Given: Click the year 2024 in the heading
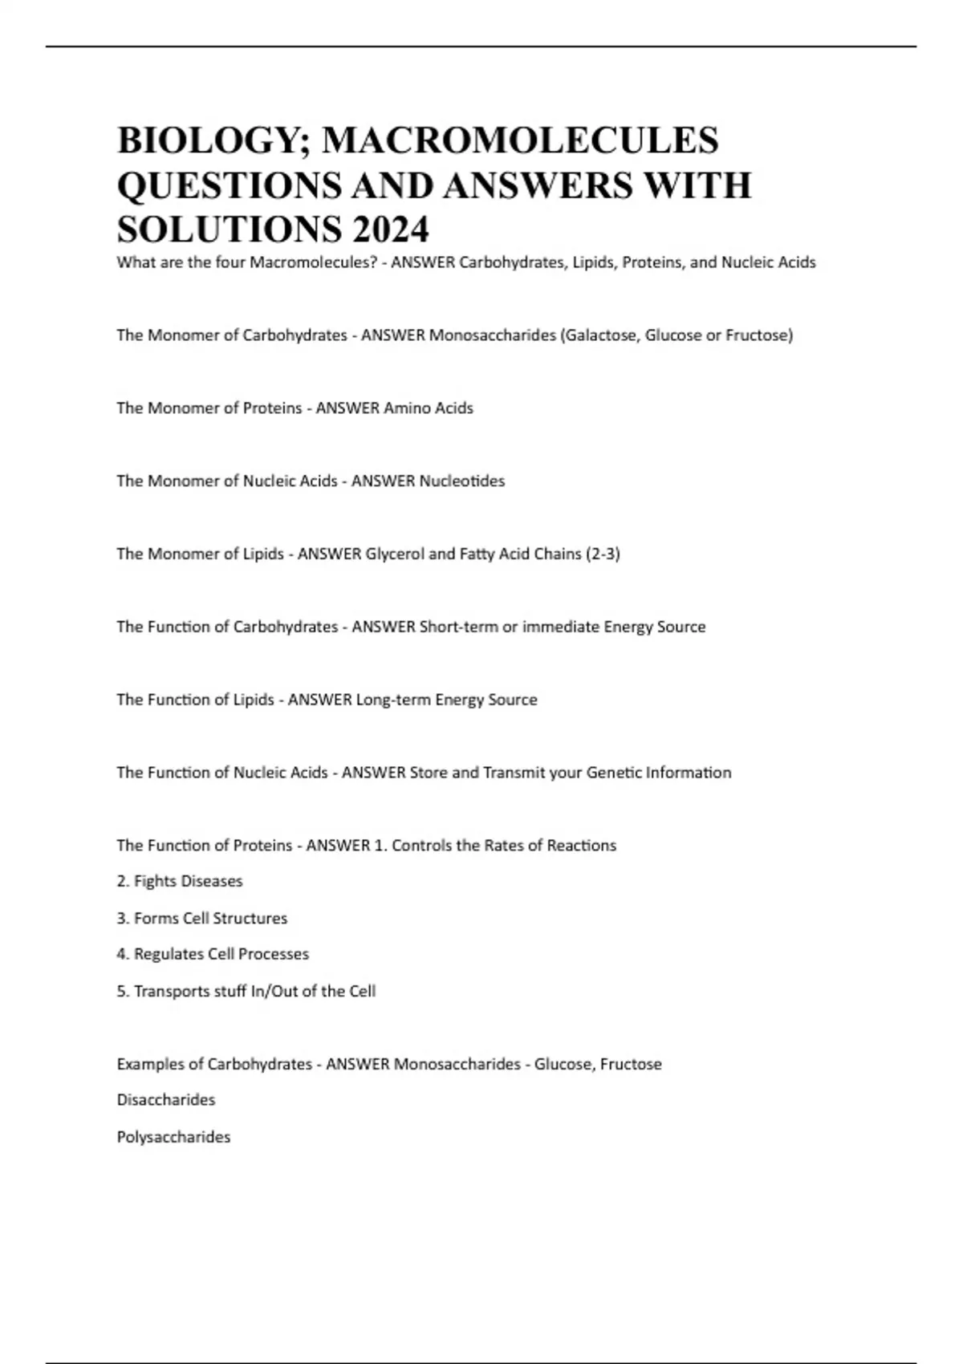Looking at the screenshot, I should pyautogui.click(x=389, y=229).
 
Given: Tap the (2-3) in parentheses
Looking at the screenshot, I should pyautogui.click(x=603, y=554).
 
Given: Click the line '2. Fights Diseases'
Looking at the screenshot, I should pyautogui.click(x=180, y=882).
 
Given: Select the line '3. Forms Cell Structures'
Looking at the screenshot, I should pyautogui.click(x=202, y=919).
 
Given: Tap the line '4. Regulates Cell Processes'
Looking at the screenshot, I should pyautogui.click(x=213, y=955).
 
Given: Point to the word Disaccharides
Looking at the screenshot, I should pyautogui.click(x=166, y=1100).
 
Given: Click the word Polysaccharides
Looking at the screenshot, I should pyautogui.click(x=173, y=1138).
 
